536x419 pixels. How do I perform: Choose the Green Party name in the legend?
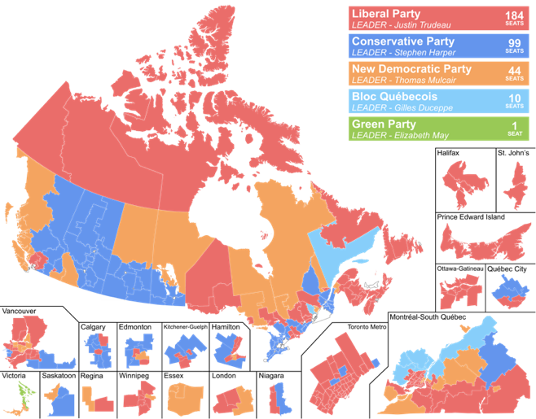[383, 124]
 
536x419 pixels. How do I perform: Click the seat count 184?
[514, 15]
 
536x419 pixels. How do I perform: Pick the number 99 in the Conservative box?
[514, 43]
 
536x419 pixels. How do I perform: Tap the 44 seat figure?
[514, 71]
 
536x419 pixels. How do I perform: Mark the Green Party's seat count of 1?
[515, 125]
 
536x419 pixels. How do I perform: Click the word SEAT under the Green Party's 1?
[515, 134]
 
